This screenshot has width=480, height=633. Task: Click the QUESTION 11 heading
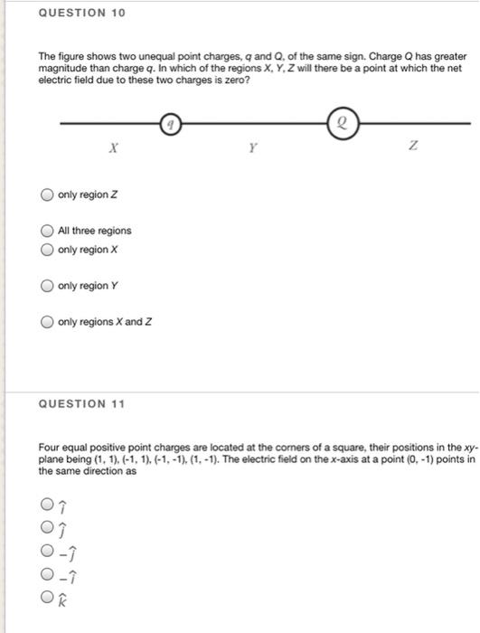point(81,405)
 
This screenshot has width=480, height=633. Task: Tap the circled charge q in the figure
point(173,122)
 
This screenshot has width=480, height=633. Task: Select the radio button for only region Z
point(45,195)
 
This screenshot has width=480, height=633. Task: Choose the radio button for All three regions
point(45,231)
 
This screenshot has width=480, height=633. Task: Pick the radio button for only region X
point(45,249)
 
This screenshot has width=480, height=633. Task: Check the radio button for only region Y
point(45,286)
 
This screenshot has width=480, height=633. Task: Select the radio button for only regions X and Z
point(45,322)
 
